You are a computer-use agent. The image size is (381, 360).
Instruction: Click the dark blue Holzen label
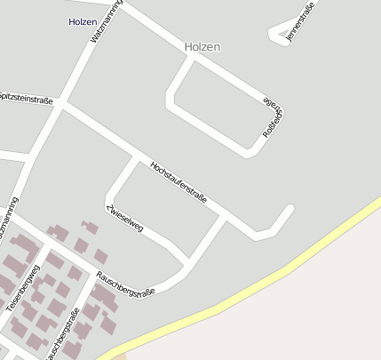pos(83,20)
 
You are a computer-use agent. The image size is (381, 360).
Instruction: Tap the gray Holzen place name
pos(202,46)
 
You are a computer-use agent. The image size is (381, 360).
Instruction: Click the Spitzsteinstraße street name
pos(27,100)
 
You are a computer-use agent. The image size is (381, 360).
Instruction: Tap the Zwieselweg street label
pos(125,219)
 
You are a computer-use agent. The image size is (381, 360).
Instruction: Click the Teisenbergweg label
pos(23,286)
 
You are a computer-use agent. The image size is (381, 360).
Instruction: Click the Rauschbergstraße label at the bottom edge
pos(63,334)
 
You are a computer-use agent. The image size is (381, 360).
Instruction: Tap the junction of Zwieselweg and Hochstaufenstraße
pos(136,158)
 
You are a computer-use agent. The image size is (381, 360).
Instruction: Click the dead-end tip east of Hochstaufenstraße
pos(290,210)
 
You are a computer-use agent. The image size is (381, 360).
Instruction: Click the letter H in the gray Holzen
pos(188,46)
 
